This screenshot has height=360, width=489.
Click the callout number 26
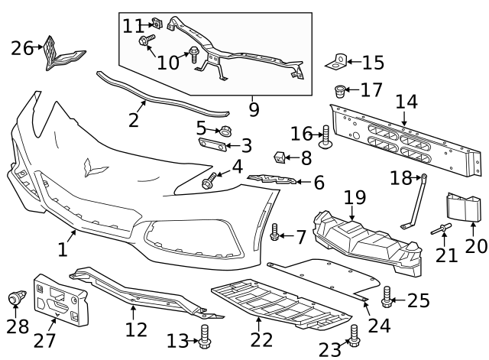click(21, 48)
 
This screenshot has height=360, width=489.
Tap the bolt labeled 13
click(204, 336)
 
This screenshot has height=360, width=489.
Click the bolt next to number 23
click(354, 333)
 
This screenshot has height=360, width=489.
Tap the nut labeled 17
click(340, 92)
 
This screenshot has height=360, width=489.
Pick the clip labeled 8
click(280, 158)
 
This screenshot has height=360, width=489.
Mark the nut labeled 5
click(225, 131)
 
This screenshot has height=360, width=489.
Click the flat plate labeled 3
click(213, 145)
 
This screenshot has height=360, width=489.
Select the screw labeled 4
click(209, 182)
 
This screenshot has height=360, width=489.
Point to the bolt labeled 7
click(274, 232)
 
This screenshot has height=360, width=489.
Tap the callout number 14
click(406, 101)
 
